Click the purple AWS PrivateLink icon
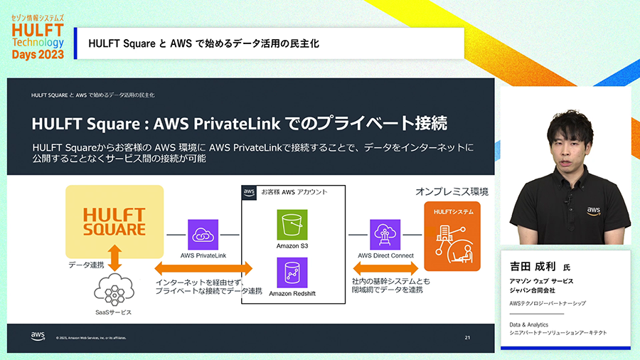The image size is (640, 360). [x=203, y=234]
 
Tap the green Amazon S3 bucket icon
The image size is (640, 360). [x=292, y=224]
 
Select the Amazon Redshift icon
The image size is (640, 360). [x=292, y=272]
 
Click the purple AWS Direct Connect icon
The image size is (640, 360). [x=385, y=234]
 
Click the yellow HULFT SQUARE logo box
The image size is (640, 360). [x=114, y=221]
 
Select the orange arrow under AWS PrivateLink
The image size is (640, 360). [x=203, y=269]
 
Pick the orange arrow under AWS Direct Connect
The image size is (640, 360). [x=385, y=269]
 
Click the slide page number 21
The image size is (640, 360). [x=467, y=337]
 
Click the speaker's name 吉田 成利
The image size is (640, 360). [x=530, y=268]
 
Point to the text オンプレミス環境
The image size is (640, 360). [x=452, y=192]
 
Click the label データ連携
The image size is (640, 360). [x=86, y=265]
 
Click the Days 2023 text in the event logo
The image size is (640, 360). [x=38, y=54]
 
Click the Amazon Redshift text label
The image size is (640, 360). [x=292, y=293]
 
